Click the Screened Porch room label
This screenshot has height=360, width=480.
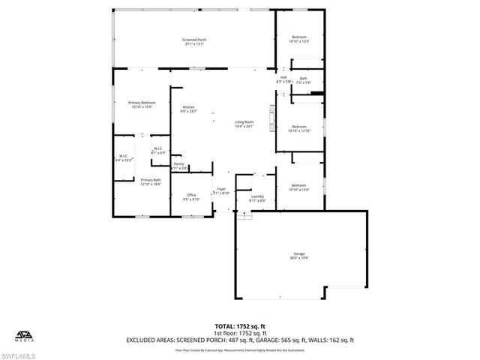(x=194, y=42)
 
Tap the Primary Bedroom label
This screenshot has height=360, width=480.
(x=142, y=105)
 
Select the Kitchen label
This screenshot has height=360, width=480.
(x=188, y=109)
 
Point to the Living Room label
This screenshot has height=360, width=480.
(x=244, y=124)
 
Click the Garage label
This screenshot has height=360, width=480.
(x=299, y=256)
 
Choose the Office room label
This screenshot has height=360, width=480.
(x=191, y=197)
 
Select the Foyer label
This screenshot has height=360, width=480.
(x=222, y=190)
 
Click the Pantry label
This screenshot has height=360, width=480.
(x=179, y=166)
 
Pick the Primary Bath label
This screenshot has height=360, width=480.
(x=151, y=182)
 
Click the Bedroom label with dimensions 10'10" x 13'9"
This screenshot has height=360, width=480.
(x=299, y=39)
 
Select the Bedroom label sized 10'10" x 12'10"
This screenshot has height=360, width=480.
(x=299, y=128)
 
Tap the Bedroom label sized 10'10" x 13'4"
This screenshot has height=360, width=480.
(x=299, y=187)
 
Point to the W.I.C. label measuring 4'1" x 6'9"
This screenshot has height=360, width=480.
(x=158, y=151)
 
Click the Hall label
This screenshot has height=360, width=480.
(x=283, y=79)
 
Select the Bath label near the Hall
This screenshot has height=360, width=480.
(x=304, y=80)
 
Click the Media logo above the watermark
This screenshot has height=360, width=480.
(x=24, y=335)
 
